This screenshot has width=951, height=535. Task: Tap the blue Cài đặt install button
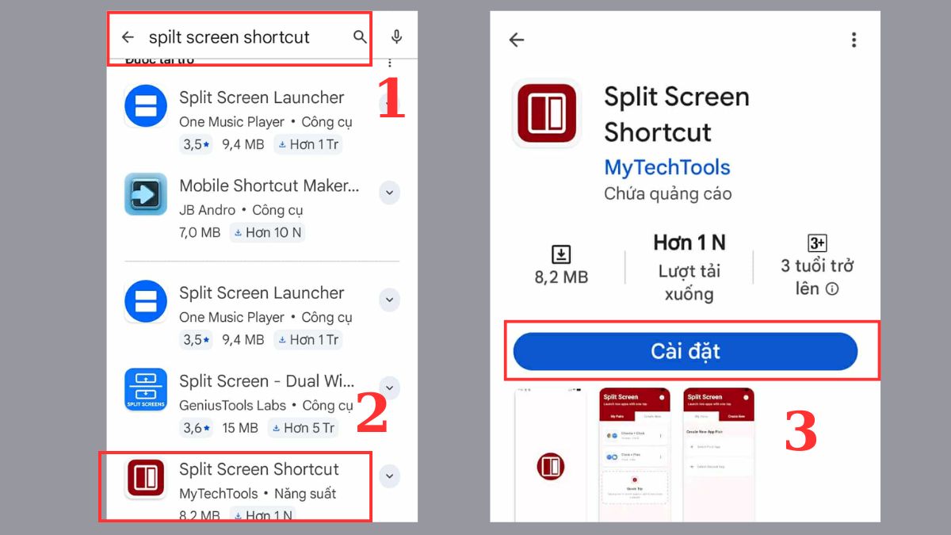tap(685, 351)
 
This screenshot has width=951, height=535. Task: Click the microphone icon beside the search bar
tap(396, 36)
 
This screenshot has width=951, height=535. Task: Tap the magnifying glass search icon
tap(360, 36)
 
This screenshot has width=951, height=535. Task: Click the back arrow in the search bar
tap(128, 37)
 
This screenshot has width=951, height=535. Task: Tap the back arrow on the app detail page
tap(517, 40)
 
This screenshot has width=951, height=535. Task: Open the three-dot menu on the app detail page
tap(853, 40)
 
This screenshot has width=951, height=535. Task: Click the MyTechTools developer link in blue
tap(666, 167)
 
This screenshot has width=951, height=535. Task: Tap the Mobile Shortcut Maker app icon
tap(146, 194)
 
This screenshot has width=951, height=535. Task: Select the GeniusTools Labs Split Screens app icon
tap(146, 389)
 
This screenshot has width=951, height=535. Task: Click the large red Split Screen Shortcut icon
tap(546, 113)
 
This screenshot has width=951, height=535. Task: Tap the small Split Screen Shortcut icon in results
tap(146, 478)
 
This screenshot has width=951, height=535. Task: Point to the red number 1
tap(391, 98)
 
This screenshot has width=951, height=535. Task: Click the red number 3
tap(800, 433)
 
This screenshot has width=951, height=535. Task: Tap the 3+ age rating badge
tap(816, 243)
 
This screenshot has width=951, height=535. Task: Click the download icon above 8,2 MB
tap(561, 254)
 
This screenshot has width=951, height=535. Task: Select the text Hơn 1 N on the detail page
tap(689, 243)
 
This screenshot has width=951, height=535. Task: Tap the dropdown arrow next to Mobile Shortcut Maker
tap(389, 193)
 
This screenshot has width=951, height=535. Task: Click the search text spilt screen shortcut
tap(229, 37)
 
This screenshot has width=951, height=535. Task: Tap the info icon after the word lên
tap(831, 289)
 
